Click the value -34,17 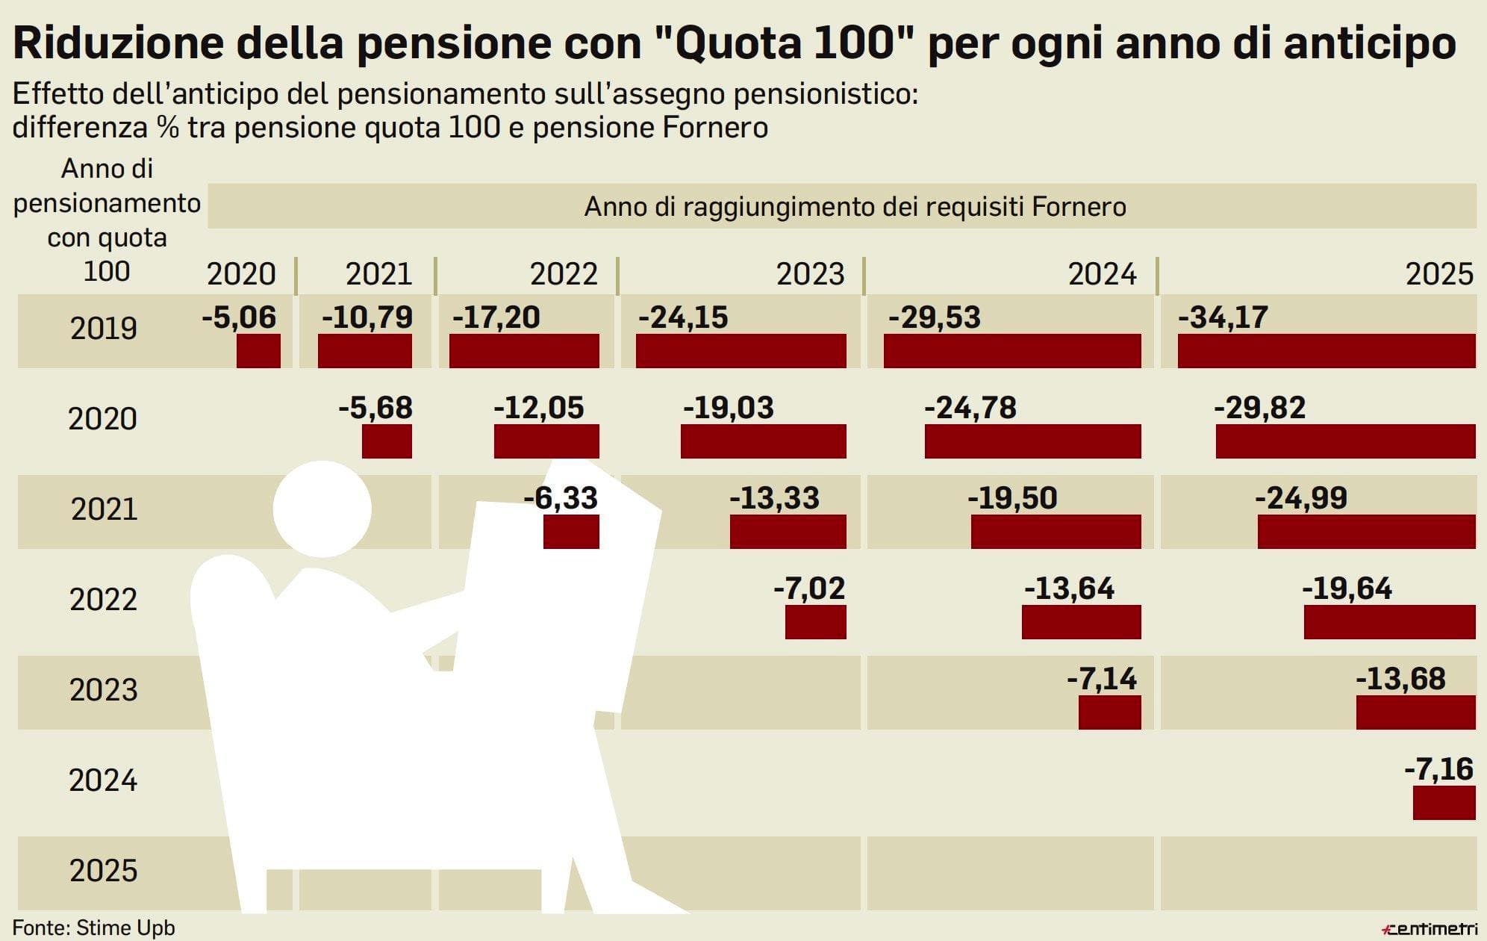1223,317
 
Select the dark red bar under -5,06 258,351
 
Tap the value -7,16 1438,769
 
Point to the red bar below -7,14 1109,712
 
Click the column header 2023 810,274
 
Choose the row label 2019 104,329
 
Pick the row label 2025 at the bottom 104,871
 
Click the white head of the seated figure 322,509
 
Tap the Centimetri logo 1430,929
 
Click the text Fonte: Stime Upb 94,928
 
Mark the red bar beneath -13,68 1415,712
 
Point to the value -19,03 729,408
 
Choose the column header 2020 241,274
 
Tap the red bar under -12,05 546,441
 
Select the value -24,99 1301,498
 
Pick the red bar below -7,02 815,622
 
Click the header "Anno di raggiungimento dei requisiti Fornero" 855,206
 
